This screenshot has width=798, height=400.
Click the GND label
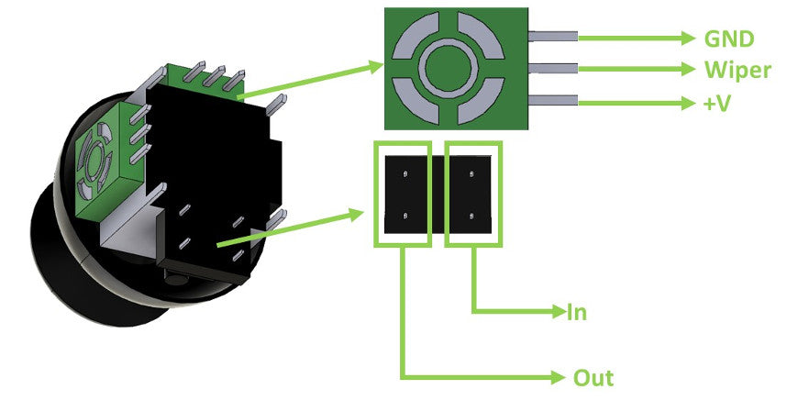tap(728, 39)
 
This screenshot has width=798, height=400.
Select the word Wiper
tap(737, 70)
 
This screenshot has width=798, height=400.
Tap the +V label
tap(716, 103)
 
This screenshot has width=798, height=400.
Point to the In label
tap(576, 313)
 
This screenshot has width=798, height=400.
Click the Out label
tap(593, 377)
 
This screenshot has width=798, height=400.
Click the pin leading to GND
tap(552, 37)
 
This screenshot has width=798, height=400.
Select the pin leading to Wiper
tap(552, 69)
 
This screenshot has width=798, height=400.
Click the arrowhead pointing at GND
tap(690, 38)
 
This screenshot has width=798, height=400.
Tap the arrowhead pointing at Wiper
tap(690, 70)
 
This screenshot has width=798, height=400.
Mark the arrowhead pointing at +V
tap(690, 103)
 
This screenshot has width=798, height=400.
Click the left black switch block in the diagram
tap(402, 194)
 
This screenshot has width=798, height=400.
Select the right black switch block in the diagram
tap(473, 194)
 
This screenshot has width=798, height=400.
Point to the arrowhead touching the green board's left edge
tap(374, 65)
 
